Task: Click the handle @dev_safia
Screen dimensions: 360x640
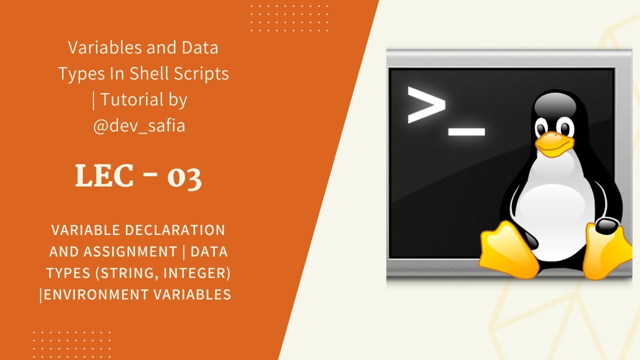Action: click(x=139, y=125)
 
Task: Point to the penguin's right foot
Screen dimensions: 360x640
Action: click(x=607, y=250)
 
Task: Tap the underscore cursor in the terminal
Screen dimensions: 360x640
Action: click(x=466, y=132)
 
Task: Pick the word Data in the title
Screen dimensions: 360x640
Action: click(x=199, y=47)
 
